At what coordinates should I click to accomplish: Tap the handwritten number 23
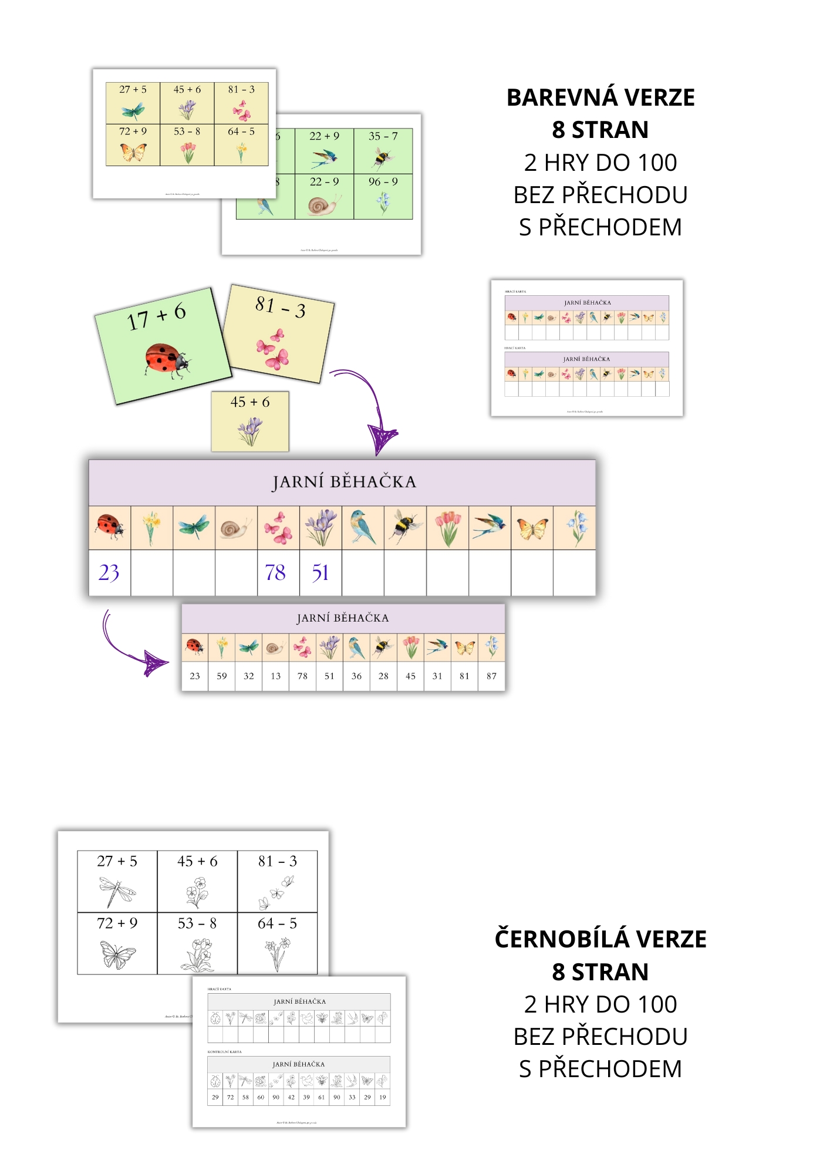coord(109,573)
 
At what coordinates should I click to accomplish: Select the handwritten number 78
coord(275,573)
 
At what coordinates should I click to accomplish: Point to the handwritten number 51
coord(320,573)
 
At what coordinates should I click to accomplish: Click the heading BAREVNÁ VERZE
coord(600,97)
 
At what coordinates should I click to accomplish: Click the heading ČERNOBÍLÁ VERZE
coord(600,939)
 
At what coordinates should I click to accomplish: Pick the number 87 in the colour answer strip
coord(491,676)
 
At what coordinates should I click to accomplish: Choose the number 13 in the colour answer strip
coord(275,676)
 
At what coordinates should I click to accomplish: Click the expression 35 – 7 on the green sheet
coord(383,136)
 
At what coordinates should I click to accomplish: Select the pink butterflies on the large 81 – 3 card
coord(272,349)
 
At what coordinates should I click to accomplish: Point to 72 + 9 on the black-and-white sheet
coord(117,923)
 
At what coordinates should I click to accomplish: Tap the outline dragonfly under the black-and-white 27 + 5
coord(117,890)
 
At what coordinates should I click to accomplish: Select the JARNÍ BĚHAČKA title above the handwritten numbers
coord(344,482)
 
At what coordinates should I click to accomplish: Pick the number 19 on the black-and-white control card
coord(383,1097)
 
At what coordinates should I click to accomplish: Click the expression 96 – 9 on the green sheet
coord(383,182)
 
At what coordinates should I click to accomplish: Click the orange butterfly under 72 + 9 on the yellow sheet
coord(133,153)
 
